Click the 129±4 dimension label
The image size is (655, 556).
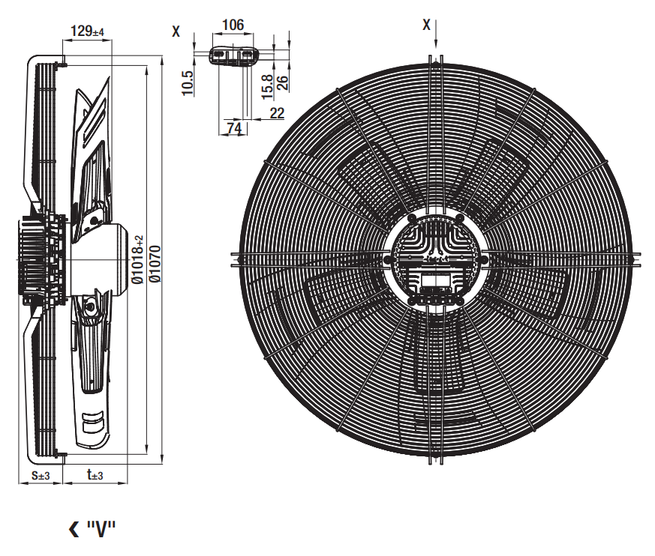pyautogui.click(x=87, y=31)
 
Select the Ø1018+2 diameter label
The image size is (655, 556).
pyautogui.click(x=138, y=259)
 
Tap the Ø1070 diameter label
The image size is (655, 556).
pyautogui.click(x=155, y=264)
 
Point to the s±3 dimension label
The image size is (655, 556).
pyautogui.click(x=41, y=474)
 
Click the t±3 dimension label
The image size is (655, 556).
pyautogui.click(x=95, y=474)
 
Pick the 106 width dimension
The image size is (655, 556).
pyautogui.click(x=233, y=25)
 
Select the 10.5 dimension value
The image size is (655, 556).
pyautogui.click(x=188, y=83)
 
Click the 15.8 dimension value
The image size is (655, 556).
pyautogui.click(x=267, y=87)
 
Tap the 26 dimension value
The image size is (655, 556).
pyautogui.click(x=283, y=82)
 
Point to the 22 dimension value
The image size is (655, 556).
pyautogui.click(x=277, y=113)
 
